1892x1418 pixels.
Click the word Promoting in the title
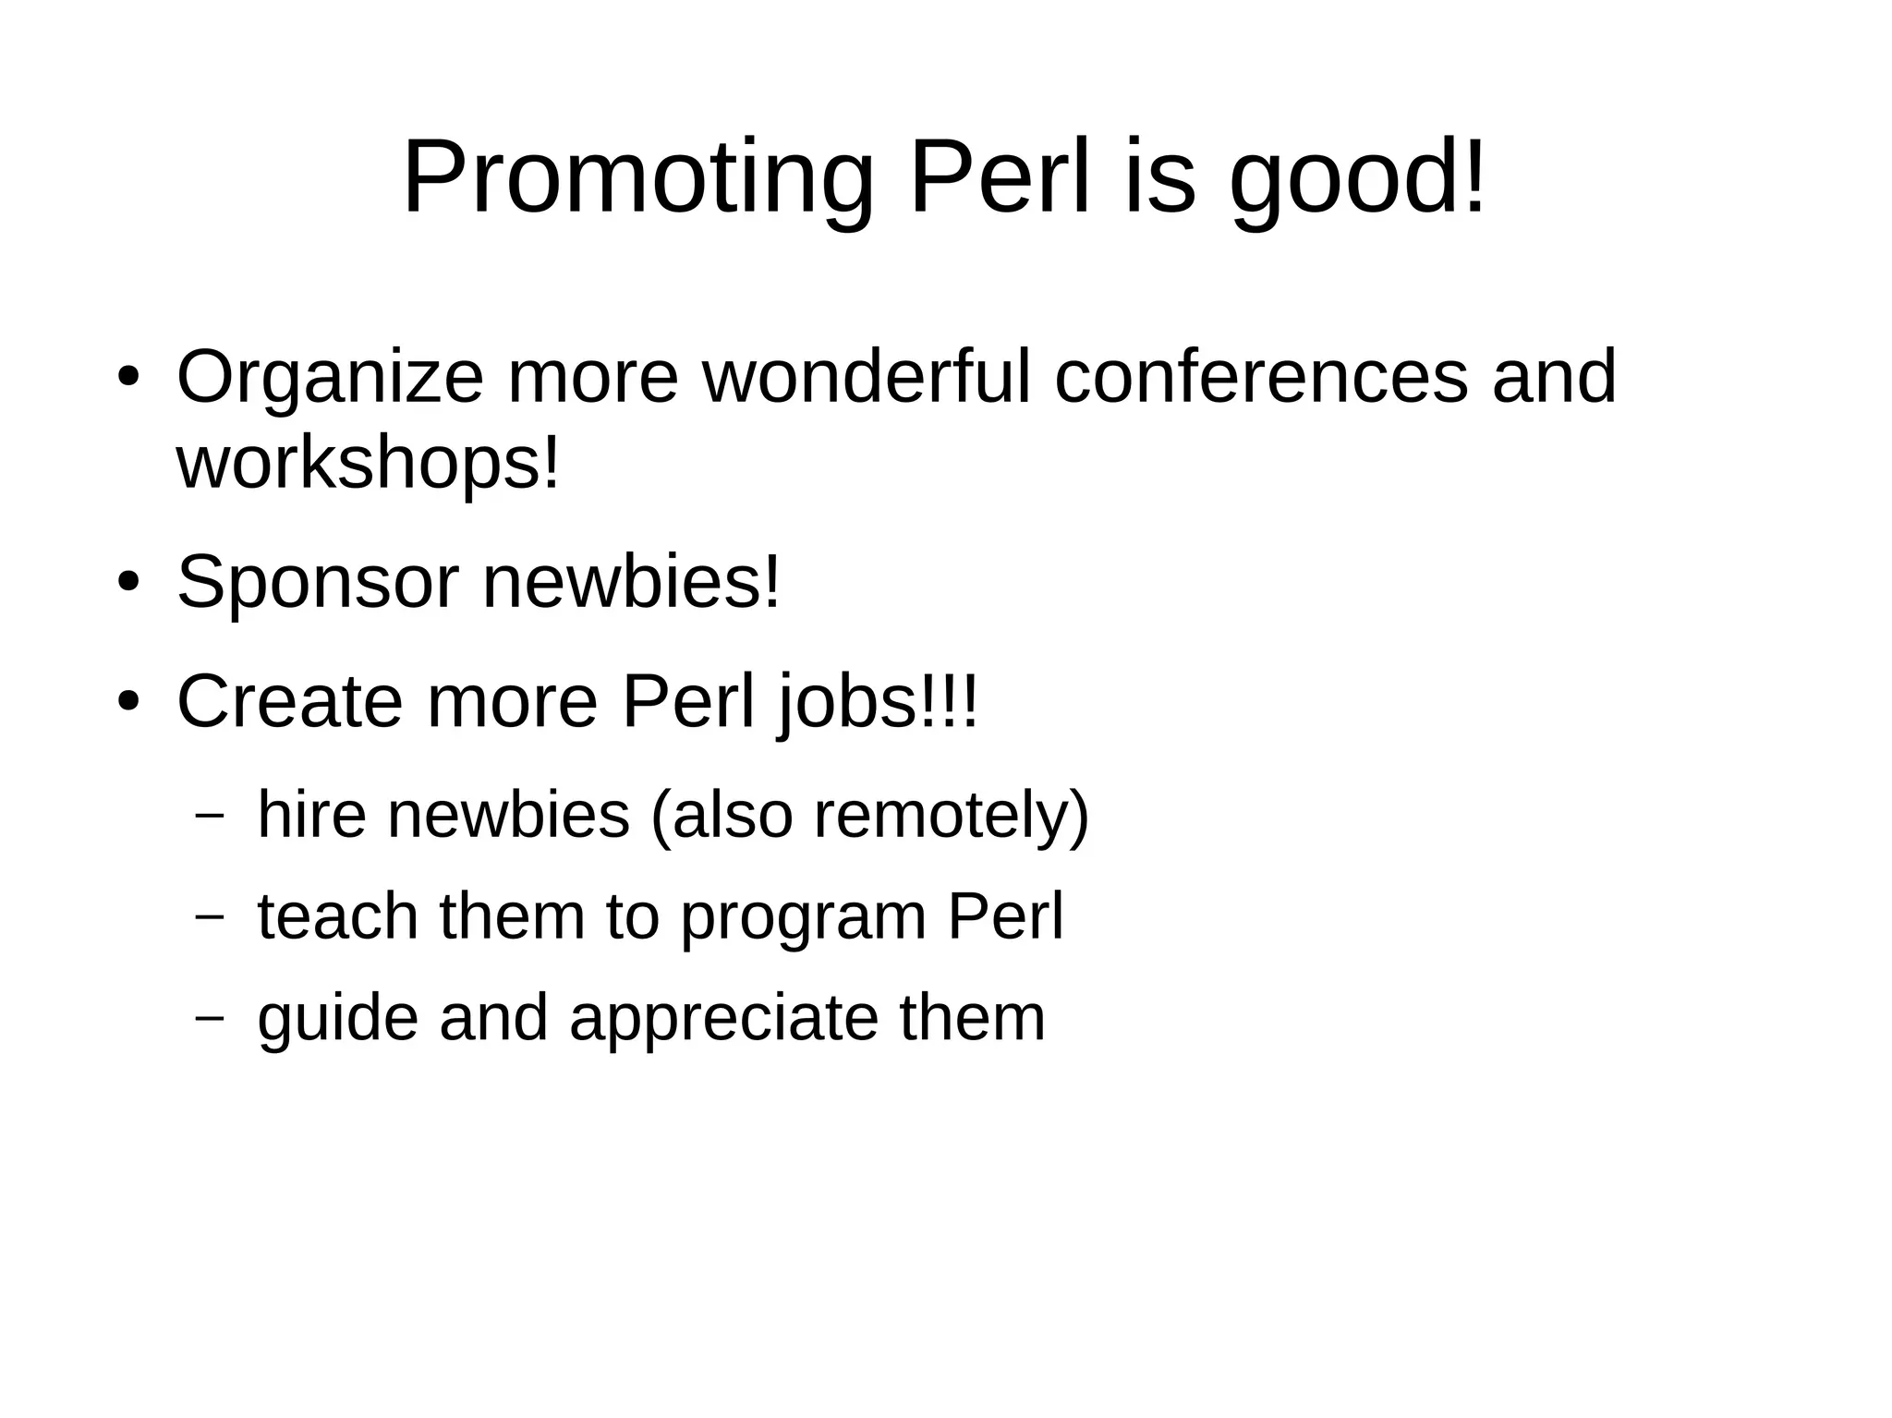[x=637, y=178]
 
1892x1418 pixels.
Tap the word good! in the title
[x=1358, y=178]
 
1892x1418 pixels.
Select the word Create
[x=289, y=702]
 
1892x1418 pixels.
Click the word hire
[x=311, y=815]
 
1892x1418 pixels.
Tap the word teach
[x=337, y=916]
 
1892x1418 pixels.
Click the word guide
[x=337, y=1019]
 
